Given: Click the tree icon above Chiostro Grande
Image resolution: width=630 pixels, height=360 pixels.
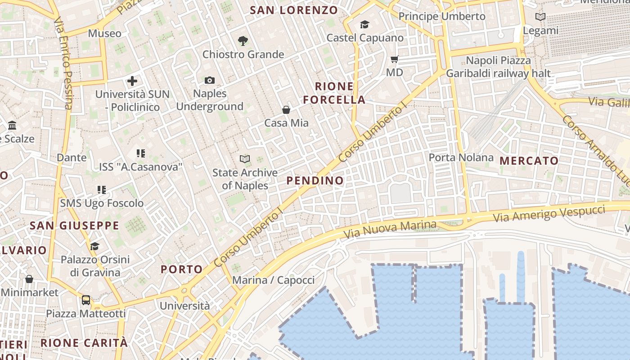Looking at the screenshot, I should coord(243,41).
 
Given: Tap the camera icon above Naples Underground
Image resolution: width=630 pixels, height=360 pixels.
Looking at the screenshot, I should coord(209,80).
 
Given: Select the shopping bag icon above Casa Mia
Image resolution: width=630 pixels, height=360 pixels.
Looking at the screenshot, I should coord(286,109).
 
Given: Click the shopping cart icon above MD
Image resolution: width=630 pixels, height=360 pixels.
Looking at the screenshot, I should coord(395,59).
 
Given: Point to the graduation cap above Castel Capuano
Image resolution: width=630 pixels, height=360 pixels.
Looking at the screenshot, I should coord(364,24).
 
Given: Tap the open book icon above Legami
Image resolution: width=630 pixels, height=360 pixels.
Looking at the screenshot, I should coord(540,17).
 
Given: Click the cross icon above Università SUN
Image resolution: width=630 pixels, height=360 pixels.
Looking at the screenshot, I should coord(132,81).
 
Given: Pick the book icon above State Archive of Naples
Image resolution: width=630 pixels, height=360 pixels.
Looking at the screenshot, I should coord(245,159).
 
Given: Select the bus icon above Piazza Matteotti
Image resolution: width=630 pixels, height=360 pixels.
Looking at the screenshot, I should coord(85,300).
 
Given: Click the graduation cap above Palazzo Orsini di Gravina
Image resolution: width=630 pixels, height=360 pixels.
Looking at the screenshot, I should coord(94,246).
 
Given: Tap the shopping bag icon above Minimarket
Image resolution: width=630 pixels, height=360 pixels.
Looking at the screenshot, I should coord(29,279).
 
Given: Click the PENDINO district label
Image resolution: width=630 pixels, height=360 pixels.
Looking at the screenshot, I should coord(315,180).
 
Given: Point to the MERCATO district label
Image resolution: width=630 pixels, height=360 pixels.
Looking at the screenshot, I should coord(529,161).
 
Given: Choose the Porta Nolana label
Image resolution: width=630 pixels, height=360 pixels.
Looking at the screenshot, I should coord(461,157).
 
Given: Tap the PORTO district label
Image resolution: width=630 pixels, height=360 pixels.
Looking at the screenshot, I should coord(182,270).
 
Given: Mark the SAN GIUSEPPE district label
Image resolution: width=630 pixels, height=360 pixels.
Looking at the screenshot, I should coord(74,225).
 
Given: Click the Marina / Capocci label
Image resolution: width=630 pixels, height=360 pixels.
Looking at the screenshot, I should coord(273,280).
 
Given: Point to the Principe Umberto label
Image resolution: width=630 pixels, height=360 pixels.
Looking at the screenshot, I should coord(442,17).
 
